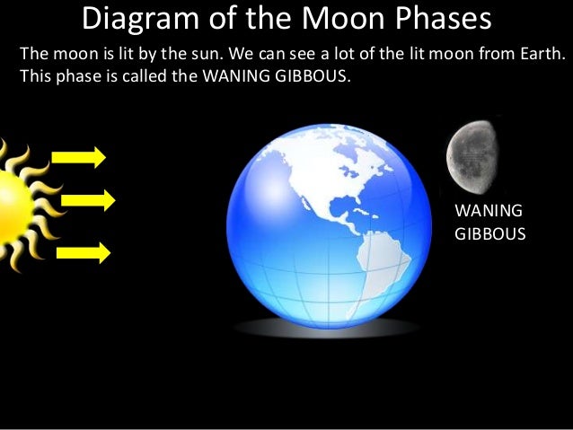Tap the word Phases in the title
tap(441, 19)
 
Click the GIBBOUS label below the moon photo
tap(490, 233)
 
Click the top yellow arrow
tap(79, 158)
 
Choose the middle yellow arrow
tap(88, 200)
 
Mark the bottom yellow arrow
tap(83, 252)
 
